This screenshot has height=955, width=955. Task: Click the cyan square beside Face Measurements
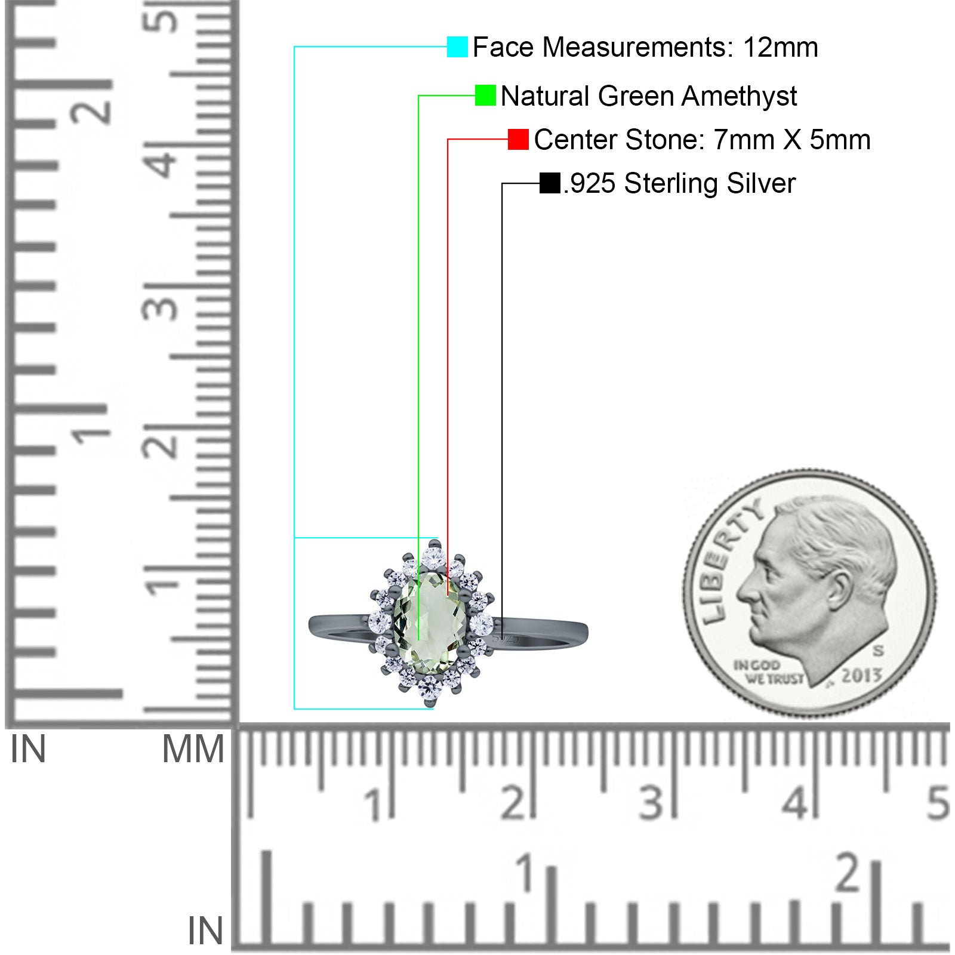[457, 47]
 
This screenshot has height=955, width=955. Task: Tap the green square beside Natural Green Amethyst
[485, 95]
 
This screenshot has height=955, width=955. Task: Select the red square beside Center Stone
[518, 139]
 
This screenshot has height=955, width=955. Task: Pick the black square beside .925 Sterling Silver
[550, 183]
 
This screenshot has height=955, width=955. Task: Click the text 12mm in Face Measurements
[780, 47]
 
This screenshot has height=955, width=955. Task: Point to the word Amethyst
[739, 96]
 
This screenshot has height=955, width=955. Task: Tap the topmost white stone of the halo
[433, 558]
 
